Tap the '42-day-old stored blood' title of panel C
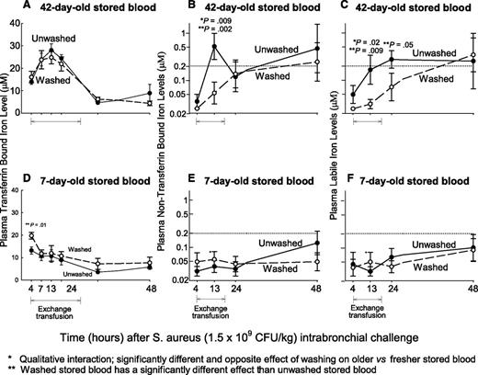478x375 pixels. [x=405, y=7]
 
